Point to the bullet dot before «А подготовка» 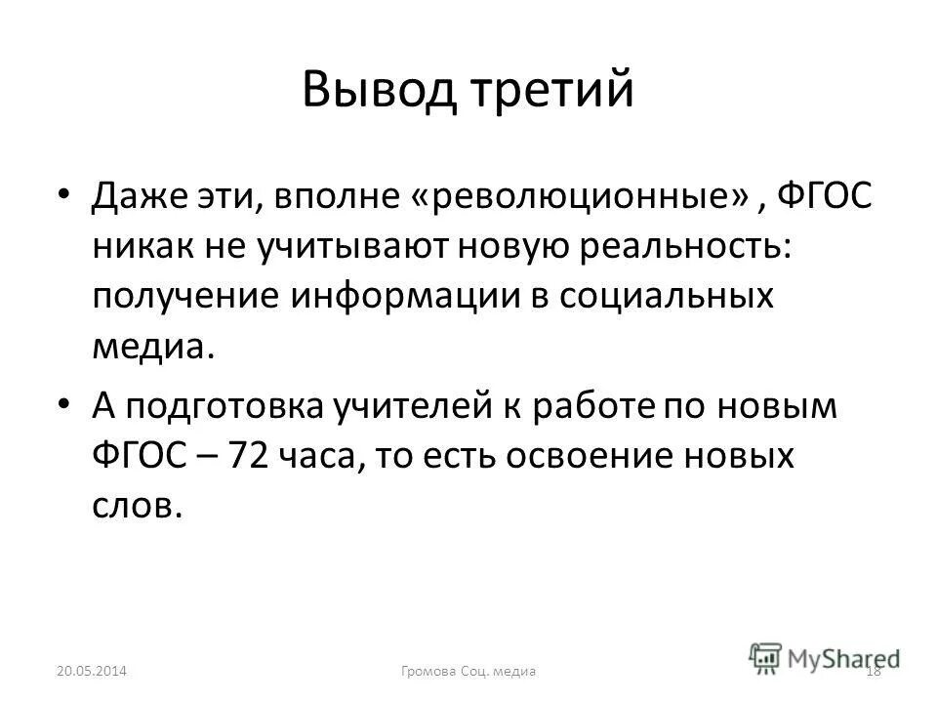pyautogui.click(x=65, y=402)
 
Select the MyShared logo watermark pyautogui.click(x=824, y=658)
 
